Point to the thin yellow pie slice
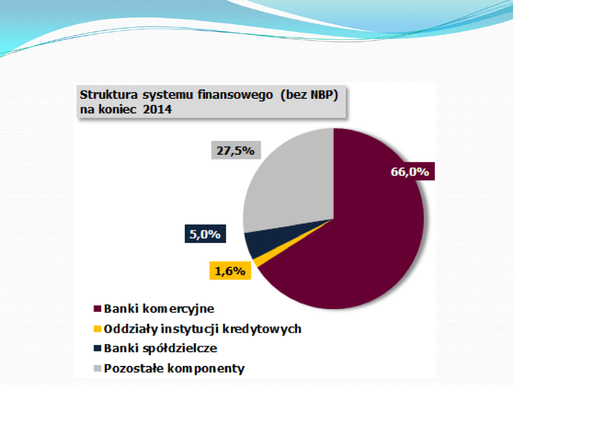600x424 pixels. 270,254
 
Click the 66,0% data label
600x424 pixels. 410,171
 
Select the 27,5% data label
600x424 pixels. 236,150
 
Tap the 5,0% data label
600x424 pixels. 205,234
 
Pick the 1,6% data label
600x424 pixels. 230,270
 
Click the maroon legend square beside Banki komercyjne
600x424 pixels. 97,308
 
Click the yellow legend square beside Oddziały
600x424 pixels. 97,329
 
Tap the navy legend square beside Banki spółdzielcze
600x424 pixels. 97,348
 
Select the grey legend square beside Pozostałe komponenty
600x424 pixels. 97,368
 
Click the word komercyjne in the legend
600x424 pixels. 179,309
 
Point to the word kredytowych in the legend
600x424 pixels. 262,329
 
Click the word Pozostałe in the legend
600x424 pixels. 134,368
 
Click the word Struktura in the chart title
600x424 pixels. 108,95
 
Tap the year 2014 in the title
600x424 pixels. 157,109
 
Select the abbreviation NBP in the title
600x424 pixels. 322,95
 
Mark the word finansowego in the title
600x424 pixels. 235,95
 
